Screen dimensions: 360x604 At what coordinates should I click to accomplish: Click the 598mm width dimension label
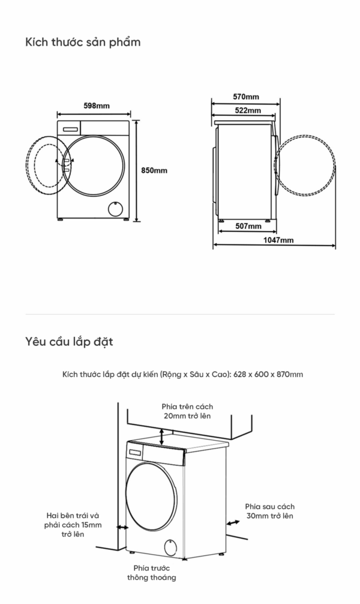click(97, 106)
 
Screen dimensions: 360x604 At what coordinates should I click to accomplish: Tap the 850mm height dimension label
click(154, 171)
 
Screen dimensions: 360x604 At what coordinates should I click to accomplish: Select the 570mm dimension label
click(246, 96)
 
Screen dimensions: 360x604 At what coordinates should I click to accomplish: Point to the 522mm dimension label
click(248, 110)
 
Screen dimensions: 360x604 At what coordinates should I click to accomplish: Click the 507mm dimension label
click(248, 226)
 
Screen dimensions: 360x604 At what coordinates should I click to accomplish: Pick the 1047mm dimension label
click(278, 240)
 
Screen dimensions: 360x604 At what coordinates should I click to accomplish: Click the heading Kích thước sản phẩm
click(83, 42)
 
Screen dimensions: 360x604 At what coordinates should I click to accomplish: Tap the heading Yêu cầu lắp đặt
click(70, 341)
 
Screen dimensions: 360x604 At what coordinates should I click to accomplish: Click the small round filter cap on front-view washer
click(115, 209)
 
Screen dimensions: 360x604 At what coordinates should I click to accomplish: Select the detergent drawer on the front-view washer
click(70, 129)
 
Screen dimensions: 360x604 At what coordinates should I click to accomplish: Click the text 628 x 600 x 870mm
click(268, 374)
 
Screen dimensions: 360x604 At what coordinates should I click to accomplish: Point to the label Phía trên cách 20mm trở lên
click(187, 411)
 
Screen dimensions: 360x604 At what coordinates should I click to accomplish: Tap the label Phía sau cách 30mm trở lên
click(269, 511)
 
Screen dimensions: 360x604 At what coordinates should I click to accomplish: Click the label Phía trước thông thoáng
click(152, 572)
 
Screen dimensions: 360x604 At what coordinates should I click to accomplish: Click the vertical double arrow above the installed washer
click(162, 437)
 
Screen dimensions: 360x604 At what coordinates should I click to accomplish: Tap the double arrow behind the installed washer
click(233, 523)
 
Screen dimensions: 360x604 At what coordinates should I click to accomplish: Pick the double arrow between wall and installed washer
click(123, 527)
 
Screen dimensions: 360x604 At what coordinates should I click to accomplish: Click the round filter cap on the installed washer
click(170, 547)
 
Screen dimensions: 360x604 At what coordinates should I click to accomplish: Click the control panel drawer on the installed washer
click(136, 453)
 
